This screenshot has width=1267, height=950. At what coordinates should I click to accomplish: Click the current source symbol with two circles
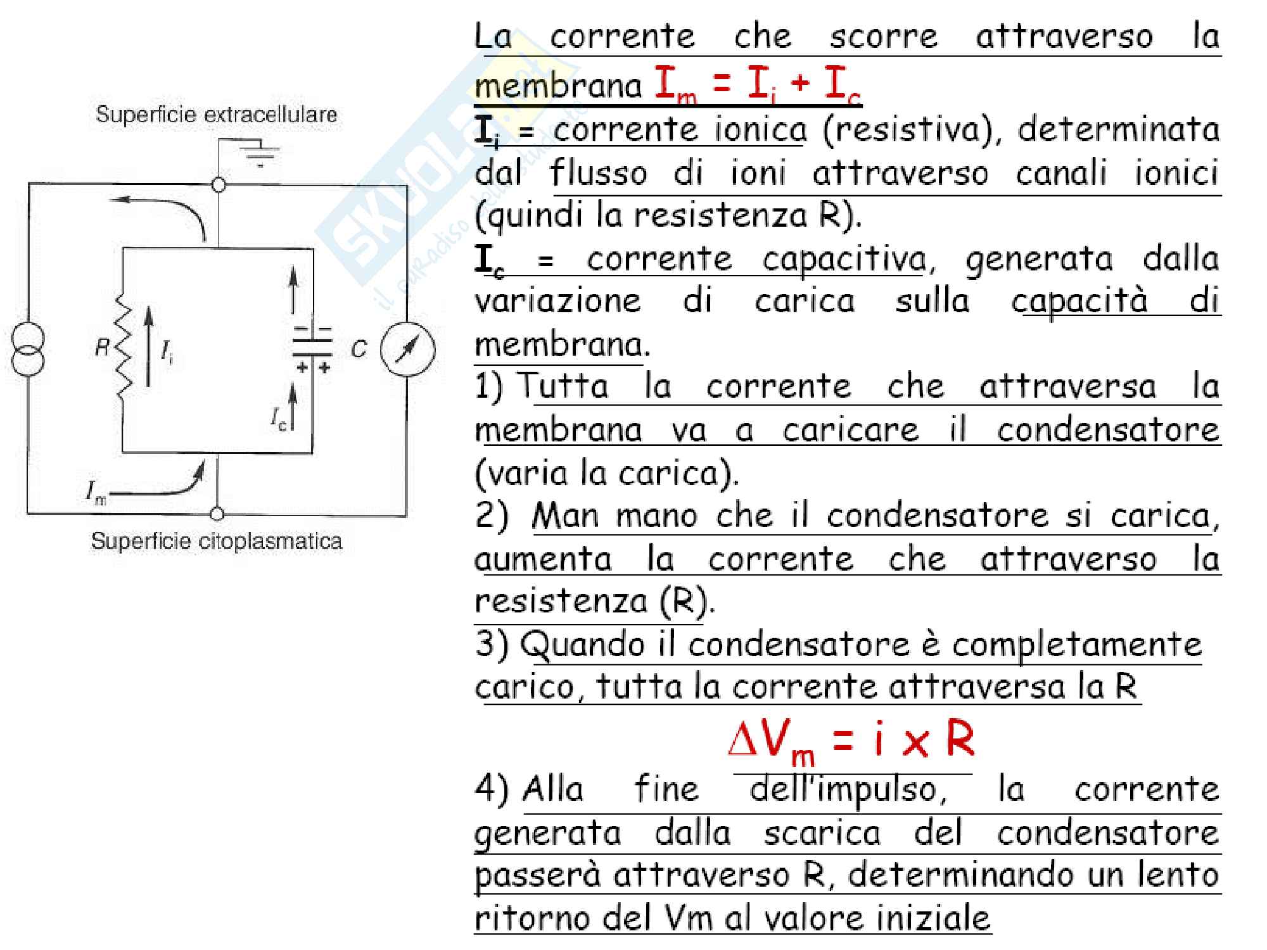28,349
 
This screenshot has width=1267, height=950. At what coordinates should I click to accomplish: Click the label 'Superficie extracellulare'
216,115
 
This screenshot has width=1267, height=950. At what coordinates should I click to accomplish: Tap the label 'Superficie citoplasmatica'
216,541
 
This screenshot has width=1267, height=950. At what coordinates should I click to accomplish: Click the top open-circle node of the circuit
219,185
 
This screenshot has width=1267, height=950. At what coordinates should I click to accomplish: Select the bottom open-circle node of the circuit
217,514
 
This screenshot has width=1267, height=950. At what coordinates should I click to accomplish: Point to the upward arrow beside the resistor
149,345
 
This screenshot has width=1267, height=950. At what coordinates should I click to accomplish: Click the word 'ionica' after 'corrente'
760,130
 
